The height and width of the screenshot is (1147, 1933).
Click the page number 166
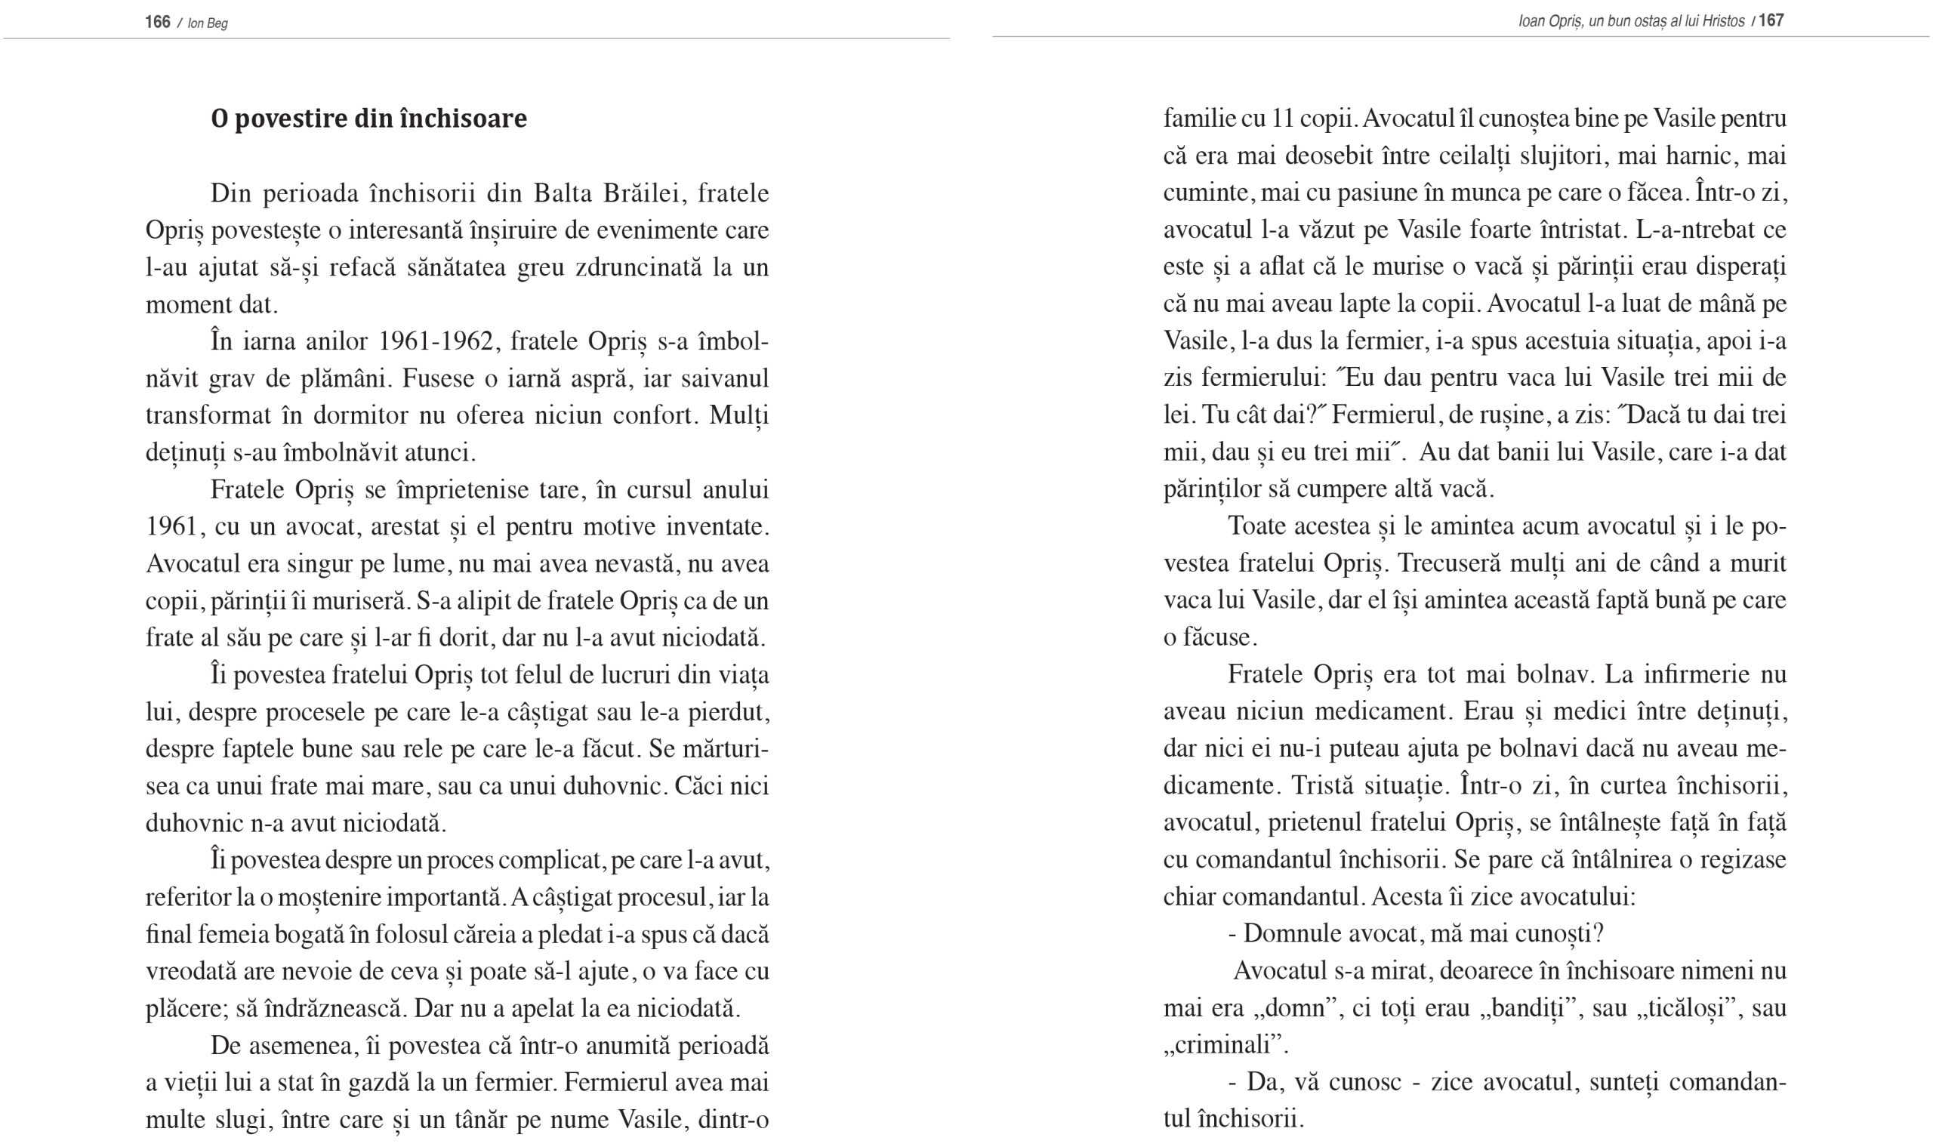tap(157, 22)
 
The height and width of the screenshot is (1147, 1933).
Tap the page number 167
tap(1771, 21)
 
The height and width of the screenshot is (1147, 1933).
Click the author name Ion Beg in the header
tap(207, 23)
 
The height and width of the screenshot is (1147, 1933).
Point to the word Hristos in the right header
tap(1723, 22)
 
